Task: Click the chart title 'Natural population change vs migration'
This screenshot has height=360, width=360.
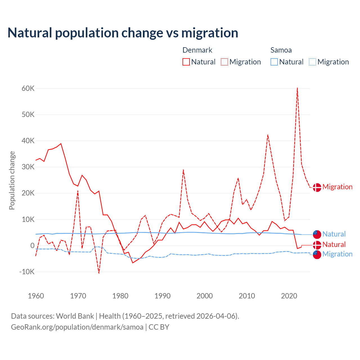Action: [123, 33]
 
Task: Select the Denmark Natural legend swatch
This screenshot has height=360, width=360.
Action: [186, 62]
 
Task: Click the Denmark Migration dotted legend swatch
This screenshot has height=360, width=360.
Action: [224, 62]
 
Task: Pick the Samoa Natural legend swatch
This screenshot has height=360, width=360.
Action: [274, 62]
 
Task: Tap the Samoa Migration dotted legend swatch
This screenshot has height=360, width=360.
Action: [312, 62]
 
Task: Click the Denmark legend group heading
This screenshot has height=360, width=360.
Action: [197, 50]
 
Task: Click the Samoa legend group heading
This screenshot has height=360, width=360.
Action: [281, 50]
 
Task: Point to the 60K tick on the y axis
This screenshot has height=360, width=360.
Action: [28, 89]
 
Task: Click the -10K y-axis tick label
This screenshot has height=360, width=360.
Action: [27, 272]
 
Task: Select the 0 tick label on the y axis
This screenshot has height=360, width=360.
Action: [32, 246]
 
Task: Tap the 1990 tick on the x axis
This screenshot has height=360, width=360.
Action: [163, 296]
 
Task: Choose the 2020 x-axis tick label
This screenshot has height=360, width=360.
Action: [289, 296]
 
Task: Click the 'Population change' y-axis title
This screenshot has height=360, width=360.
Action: [12, 180]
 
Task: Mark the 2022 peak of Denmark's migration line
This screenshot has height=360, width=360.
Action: [297, 88]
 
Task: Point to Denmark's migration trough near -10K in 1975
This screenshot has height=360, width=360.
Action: [99, 273]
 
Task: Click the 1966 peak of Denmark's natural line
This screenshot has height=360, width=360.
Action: [61, 144]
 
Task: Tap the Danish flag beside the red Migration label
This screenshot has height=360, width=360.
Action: [317, 187]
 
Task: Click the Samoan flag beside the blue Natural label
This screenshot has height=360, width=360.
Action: [317, 234]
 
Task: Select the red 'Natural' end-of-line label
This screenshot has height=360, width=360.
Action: [334, 244]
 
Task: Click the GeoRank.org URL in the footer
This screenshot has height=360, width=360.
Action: [77, 327]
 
